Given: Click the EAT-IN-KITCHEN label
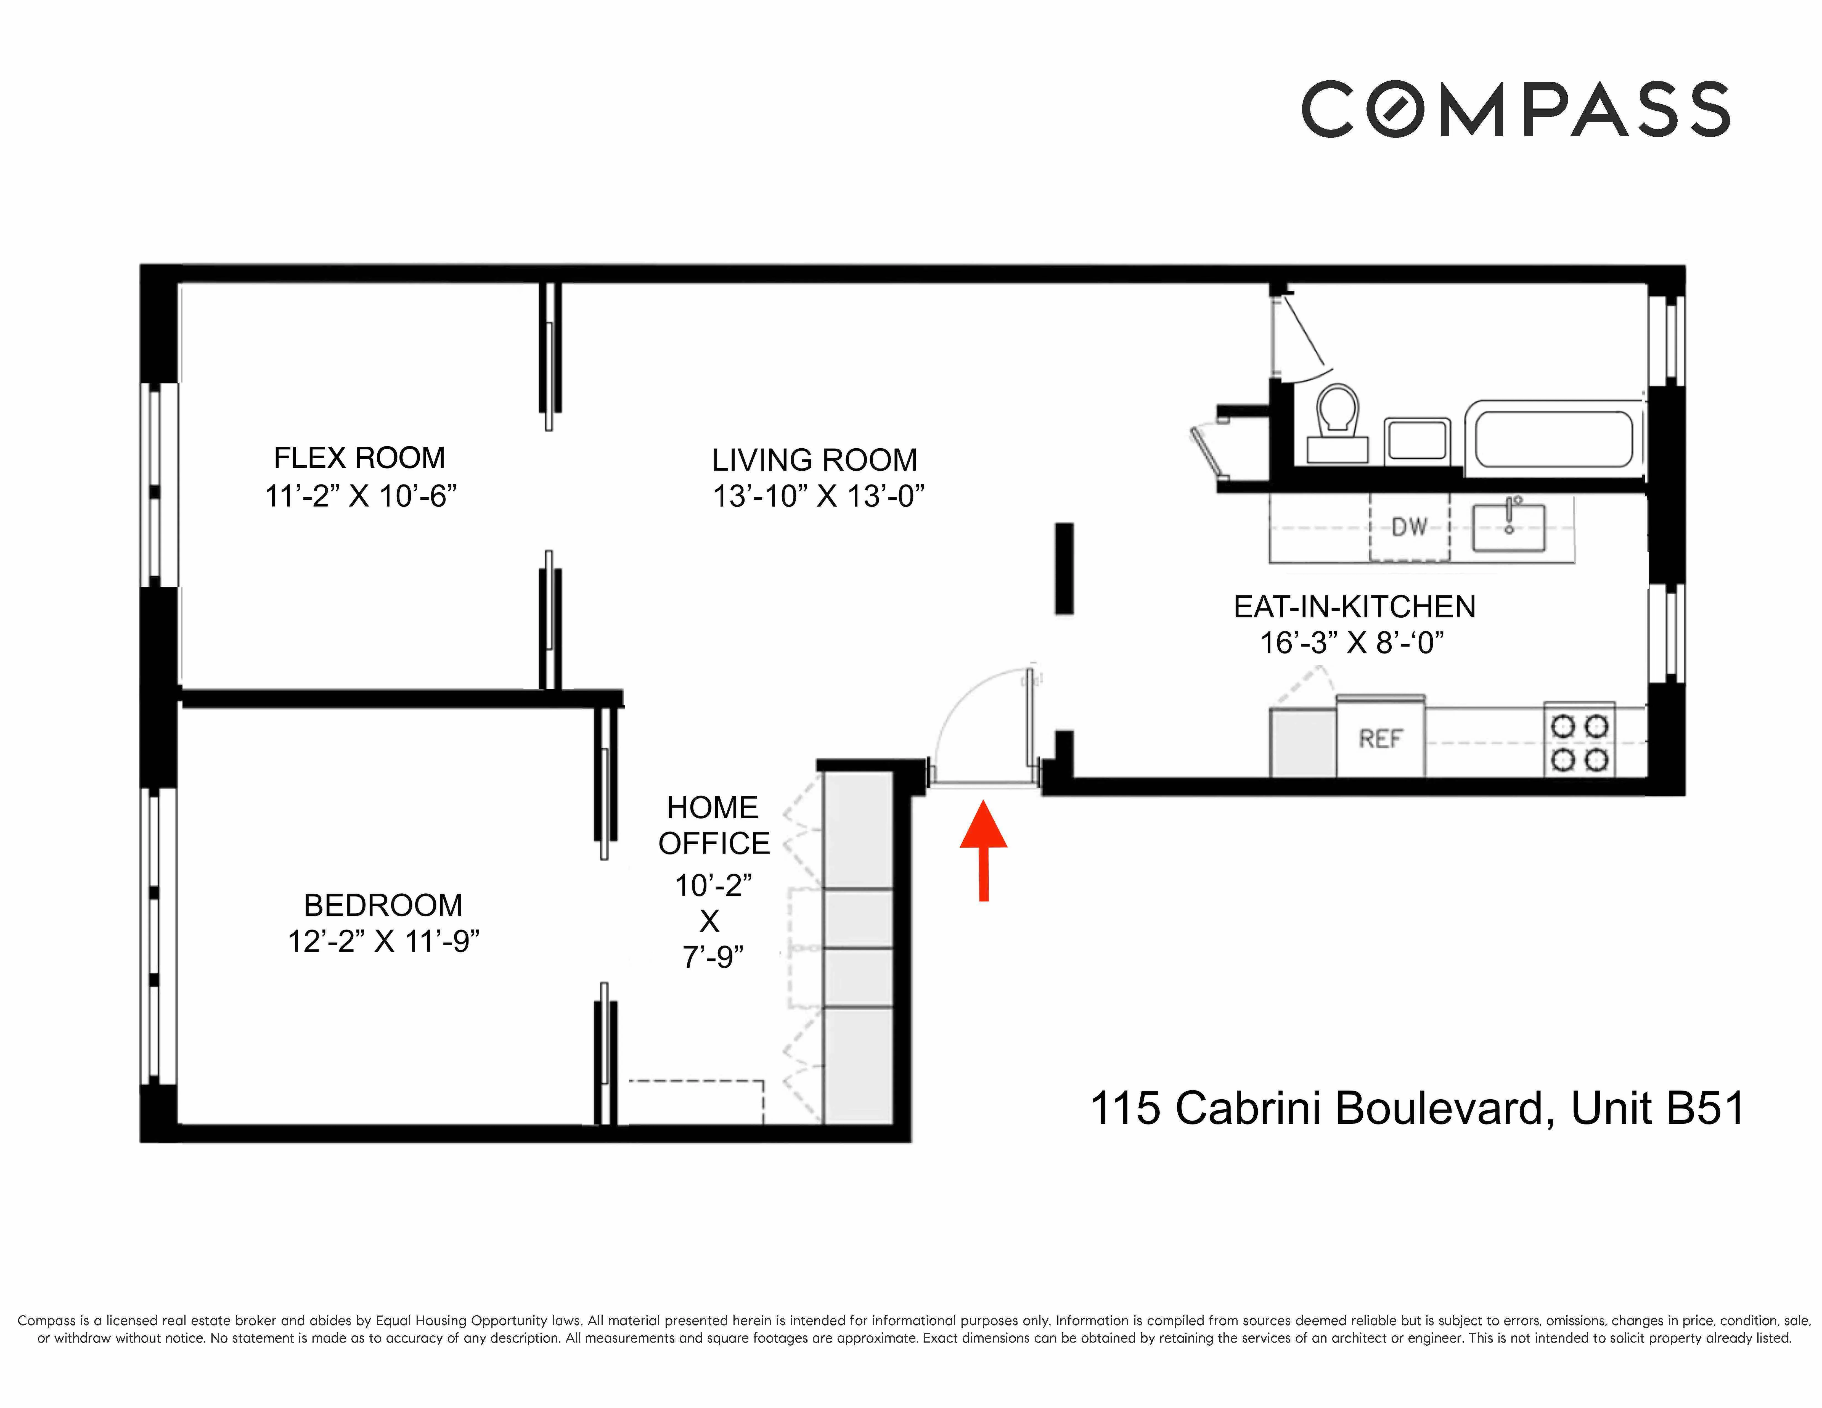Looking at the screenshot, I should pyautogui.click(x=1354, y=607).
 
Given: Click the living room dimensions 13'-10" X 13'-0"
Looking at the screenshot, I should pyautogui.click(x=818, y=496).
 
